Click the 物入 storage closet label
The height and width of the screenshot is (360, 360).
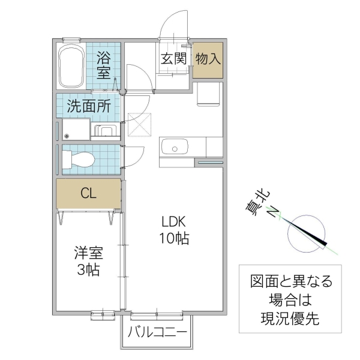208,59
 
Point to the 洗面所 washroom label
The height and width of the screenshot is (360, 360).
88,107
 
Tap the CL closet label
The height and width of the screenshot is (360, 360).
89,193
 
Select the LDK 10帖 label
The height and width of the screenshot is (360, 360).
174,229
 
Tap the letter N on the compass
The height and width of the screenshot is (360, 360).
274,211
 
